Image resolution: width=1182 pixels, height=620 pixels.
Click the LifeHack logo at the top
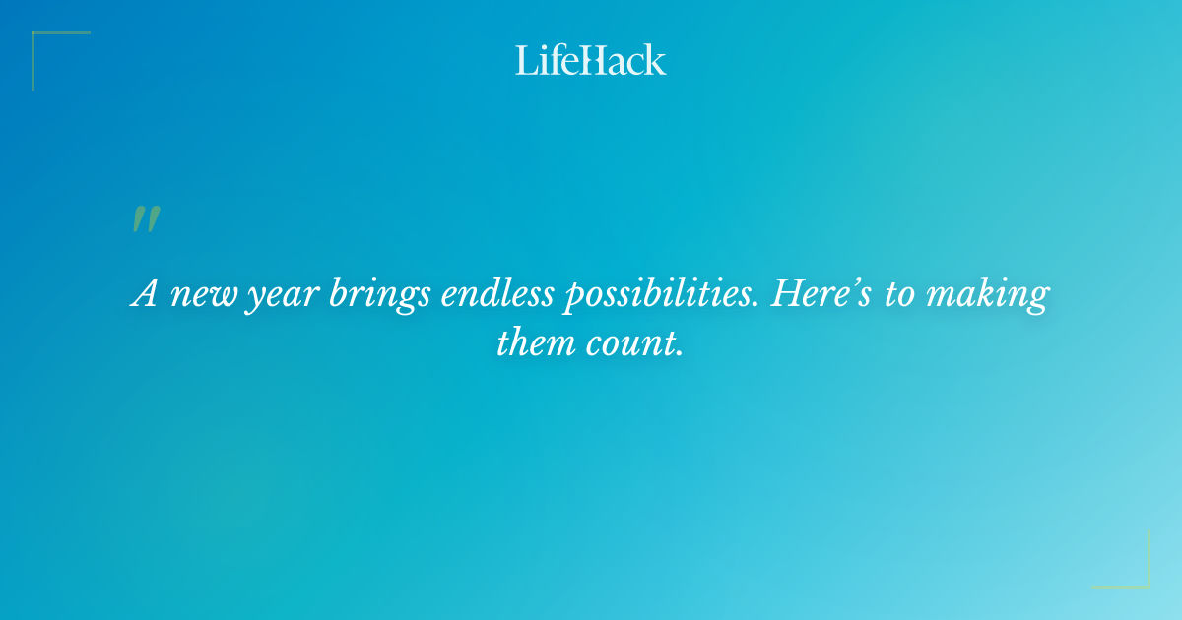(x=590, y=60)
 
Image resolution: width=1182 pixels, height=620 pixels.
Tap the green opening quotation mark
(x=145, y=219)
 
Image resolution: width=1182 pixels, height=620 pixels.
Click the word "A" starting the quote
(x=144, y=294)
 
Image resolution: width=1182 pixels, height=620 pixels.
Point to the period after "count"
(x=679, y=354)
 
